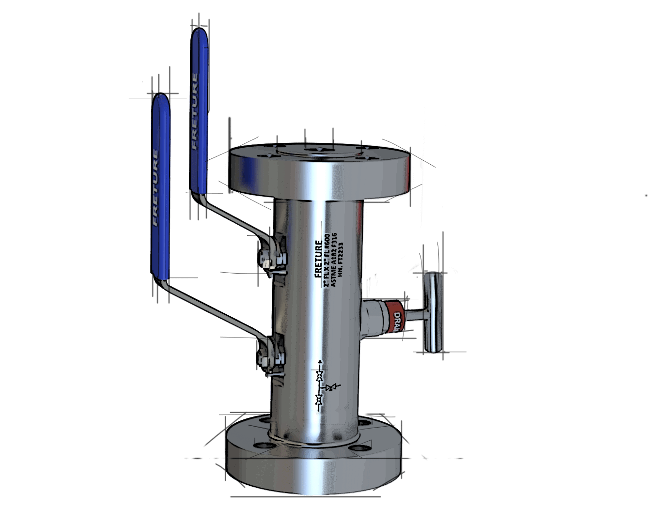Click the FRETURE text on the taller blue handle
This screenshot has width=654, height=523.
click(194, 111)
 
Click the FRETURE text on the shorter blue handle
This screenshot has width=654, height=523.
click(156, 187)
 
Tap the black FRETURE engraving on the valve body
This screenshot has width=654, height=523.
click(318, 259)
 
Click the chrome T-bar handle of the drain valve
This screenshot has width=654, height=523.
click(433, 312)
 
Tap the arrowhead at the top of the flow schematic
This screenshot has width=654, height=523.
click(319, 362)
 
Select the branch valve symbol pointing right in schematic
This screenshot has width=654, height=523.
click(331, 387)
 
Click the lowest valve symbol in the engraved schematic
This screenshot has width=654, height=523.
click(319, 400)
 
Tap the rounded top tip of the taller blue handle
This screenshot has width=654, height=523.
click(199, 32)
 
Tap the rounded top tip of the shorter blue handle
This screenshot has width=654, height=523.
click(161, 98)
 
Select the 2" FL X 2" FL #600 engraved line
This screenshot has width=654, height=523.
click(327, 261)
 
